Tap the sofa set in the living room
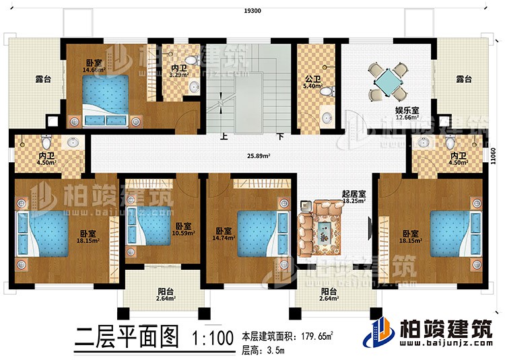point(322,229)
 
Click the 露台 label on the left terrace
point(26,79)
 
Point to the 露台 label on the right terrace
point(463,79)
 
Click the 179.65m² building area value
point(314,334)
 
